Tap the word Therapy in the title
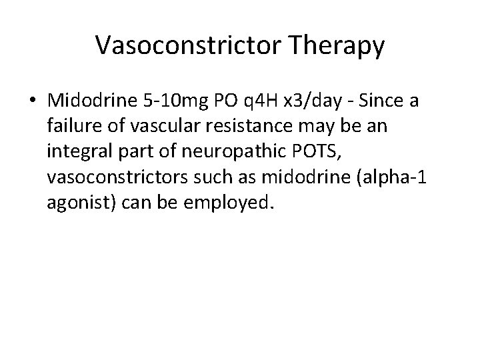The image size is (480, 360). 337,45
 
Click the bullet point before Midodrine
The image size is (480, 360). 33,101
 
